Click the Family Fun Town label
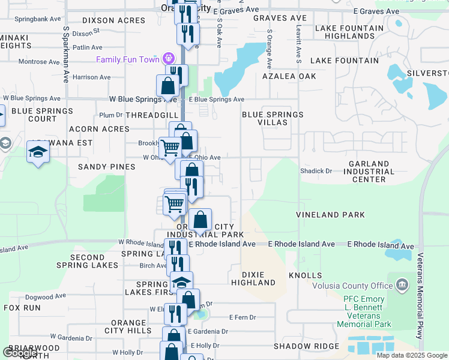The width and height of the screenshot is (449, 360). coord(127,59)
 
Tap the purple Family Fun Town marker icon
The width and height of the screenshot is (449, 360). coord(169,59)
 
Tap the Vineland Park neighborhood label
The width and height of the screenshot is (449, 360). coord(331,214)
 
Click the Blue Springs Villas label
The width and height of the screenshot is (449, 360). coord(273,118)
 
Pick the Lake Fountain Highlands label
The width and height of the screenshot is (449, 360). coord(349,32)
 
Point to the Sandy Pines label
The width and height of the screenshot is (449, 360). coord(106,166)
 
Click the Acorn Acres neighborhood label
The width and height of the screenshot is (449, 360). coord(99,129)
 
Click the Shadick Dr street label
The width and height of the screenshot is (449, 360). coord(316,171)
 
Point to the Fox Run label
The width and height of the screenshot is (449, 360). coord(22,307)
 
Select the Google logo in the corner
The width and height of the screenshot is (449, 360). coord(20,353)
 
